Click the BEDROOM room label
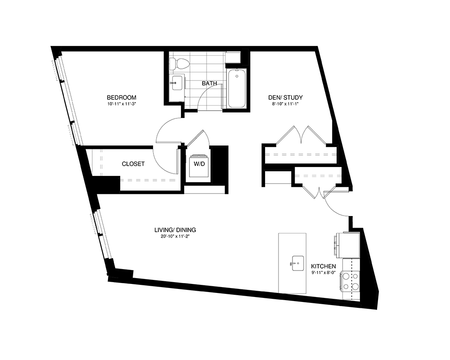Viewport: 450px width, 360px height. tap(121, 98)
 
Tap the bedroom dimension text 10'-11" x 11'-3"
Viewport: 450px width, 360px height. tap(121, 105)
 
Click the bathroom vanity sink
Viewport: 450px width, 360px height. tap(176, 82)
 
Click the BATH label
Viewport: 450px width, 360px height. tap(209, 84)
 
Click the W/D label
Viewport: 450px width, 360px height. tap(199, 164)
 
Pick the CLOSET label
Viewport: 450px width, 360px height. tap(133, 164)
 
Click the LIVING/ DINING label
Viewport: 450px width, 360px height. tap(175, 230)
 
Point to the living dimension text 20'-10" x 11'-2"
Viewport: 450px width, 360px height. tap(175, 237)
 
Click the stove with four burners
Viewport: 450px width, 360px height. tap(351, 281)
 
